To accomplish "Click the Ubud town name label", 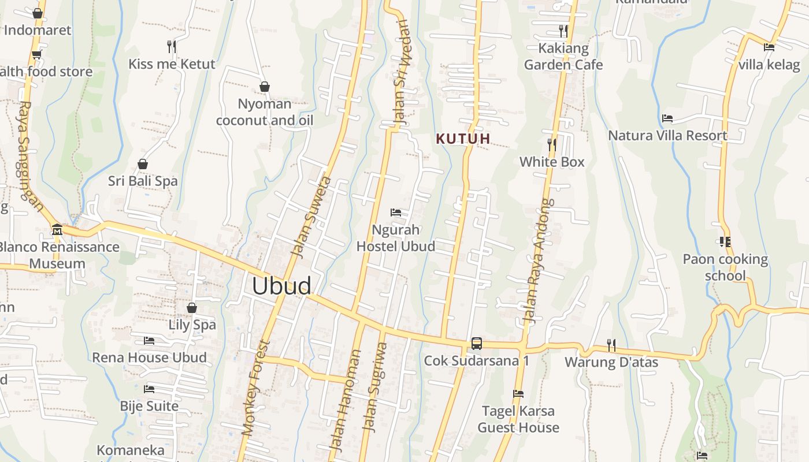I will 281,286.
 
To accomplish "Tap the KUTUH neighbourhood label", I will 463,139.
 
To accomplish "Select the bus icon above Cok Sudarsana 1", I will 476,344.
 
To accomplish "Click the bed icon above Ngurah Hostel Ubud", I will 396,213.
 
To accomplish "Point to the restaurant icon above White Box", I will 552,144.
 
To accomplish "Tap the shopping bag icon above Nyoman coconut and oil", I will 265,87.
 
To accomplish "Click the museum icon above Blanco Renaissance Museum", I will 57,230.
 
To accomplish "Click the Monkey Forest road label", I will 255,388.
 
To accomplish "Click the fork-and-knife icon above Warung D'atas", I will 611,345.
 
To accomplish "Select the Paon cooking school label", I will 725,267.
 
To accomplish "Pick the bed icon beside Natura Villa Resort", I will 667,118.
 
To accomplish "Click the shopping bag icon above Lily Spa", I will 192,308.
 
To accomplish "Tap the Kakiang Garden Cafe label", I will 563,57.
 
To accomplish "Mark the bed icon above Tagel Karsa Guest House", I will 518,394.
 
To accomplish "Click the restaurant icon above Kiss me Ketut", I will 172,46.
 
